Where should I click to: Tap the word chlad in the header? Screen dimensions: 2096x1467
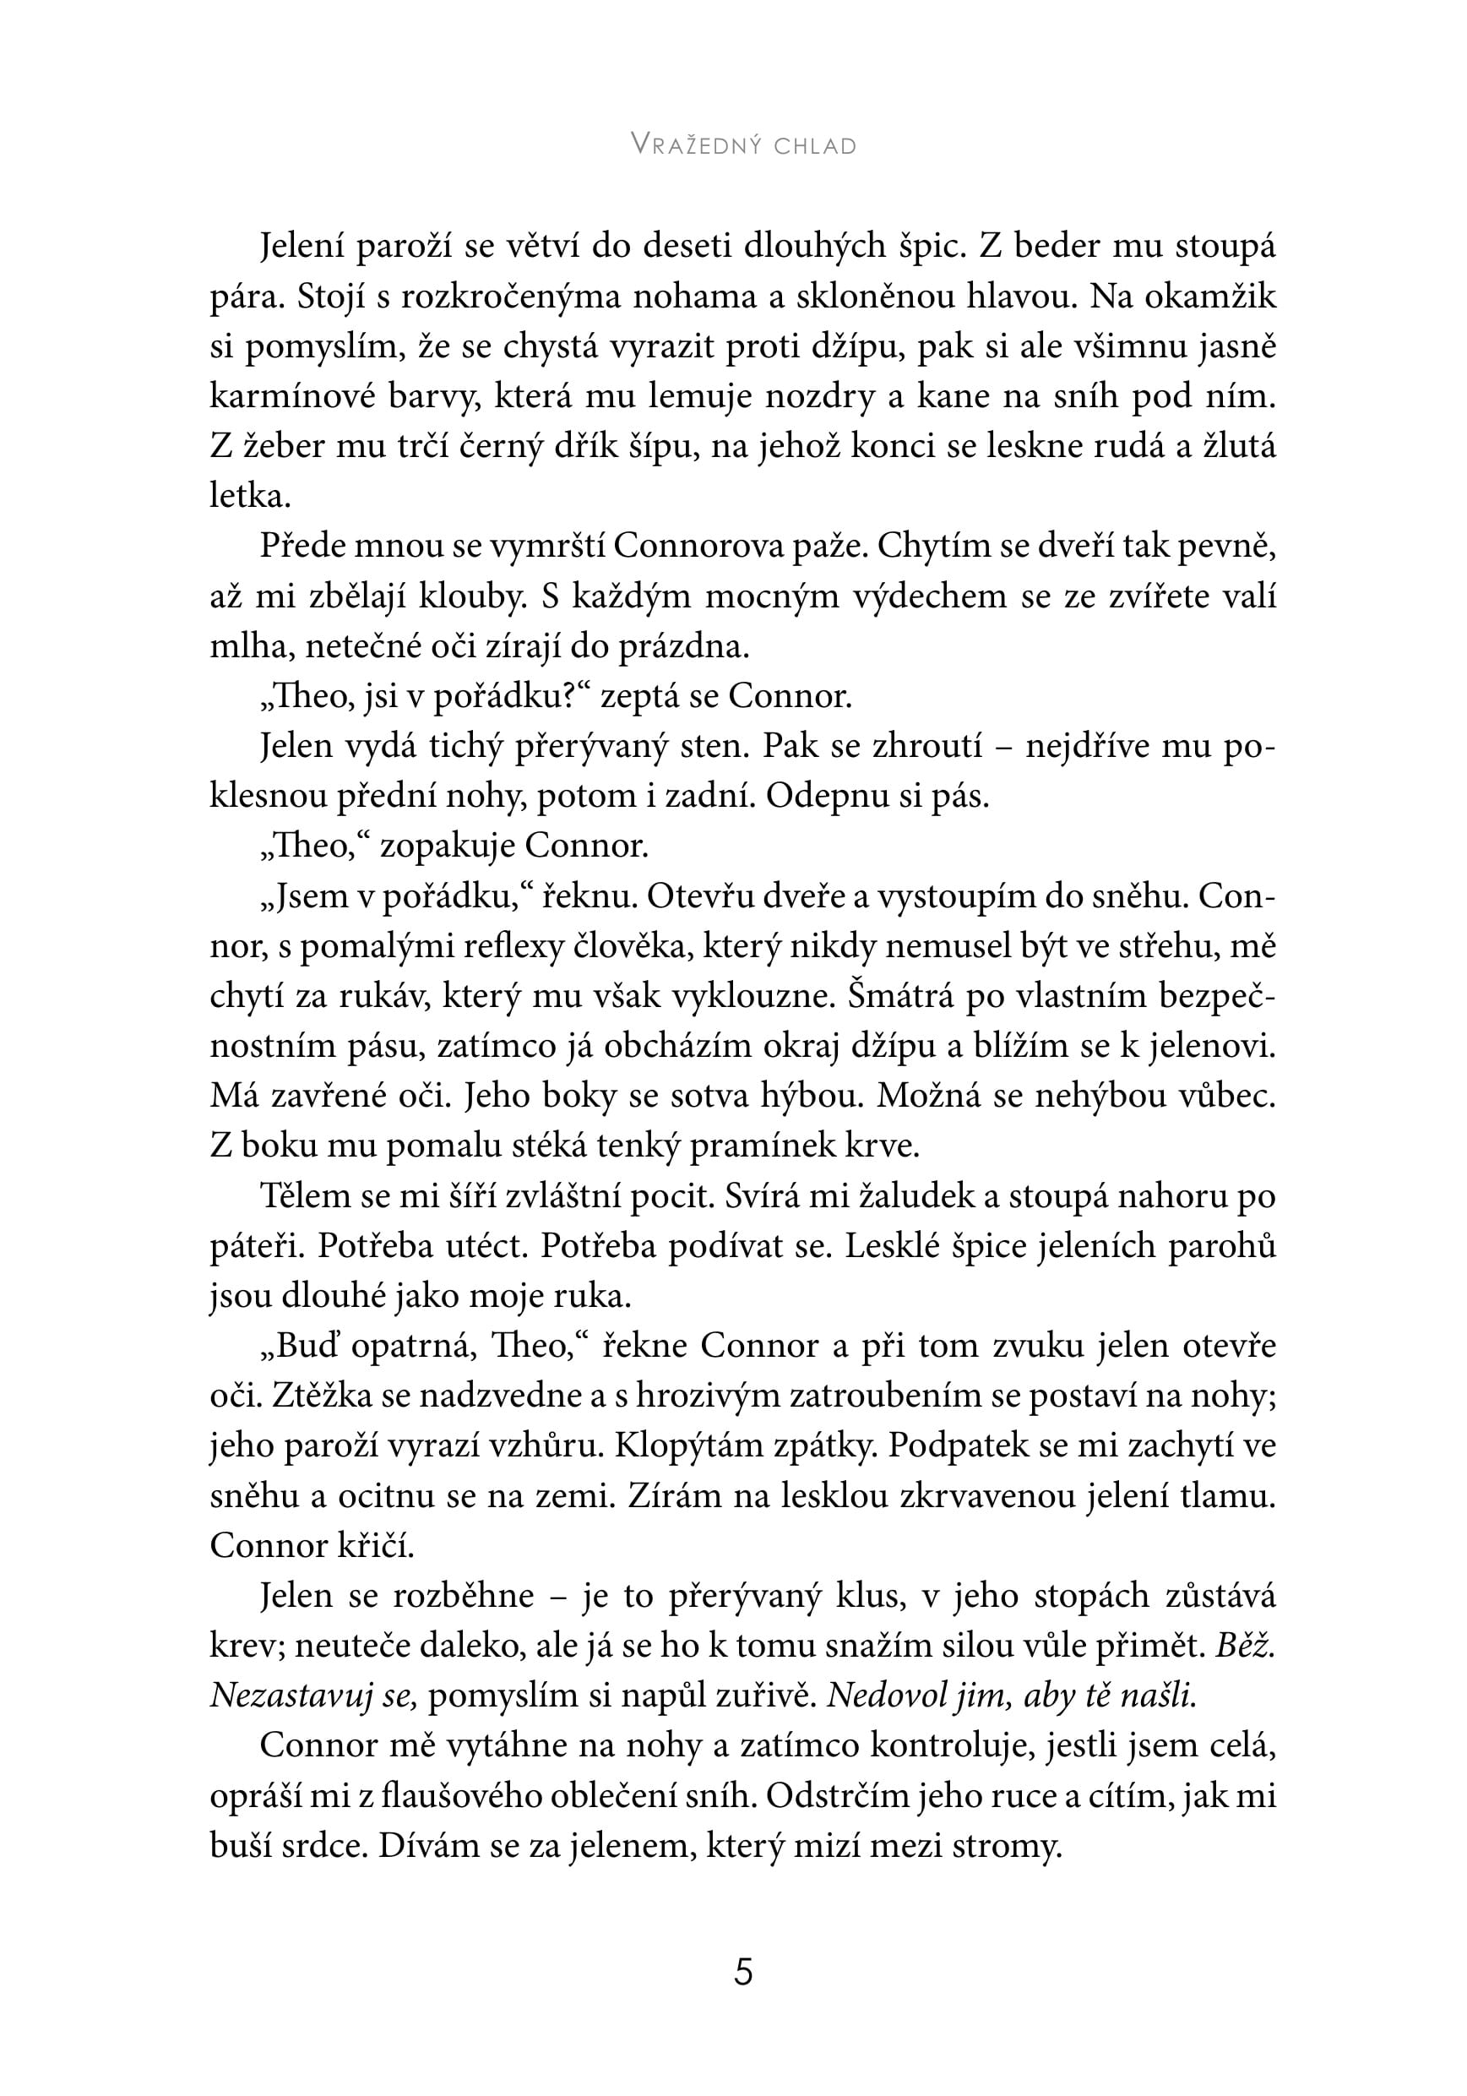[x=814, y=146]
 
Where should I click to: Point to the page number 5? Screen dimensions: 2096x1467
[x=743, y=1973]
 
